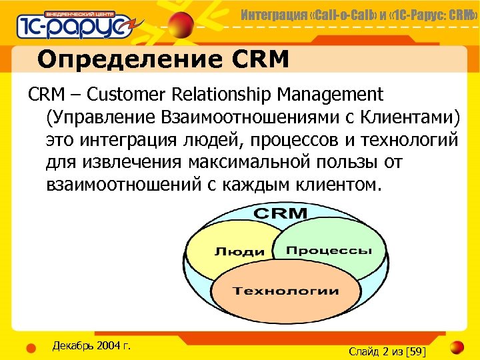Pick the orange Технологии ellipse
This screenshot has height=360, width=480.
pos(285,291)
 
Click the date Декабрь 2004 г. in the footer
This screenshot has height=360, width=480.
pos(91,345)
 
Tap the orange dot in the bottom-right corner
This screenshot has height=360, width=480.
pos(456,348)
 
